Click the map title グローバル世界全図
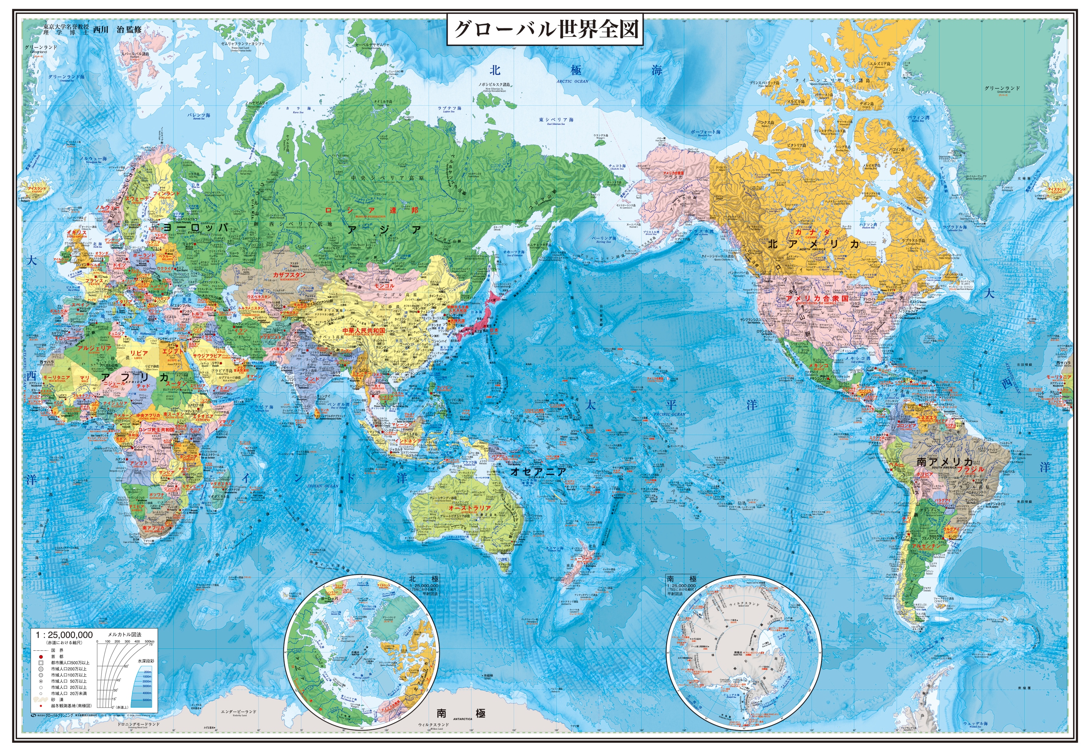click(545, 29)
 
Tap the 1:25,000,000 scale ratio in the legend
click(64, 635)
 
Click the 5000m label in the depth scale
click(147, 700)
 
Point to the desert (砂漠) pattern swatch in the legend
click(41, 699)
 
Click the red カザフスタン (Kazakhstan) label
click(289, 275)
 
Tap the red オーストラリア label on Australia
click(469, 507)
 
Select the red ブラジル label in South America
click(971, 469)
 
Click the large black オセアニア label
click(538, 471)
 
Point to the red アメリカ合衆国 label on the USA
click(817, 299)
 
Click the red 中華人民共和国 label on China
click(364, 330)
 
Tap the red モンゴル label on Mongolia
click(384, 286)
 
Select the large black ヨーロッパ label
click(195, 227)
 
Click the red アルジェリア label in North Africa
click(95, 348)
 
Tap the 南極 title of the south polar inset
click(682, 579)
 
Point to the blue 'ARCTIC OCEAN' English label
click(572, 81)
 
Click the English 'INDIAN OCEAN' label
click(323, 486)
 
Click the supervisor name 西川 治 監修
click(117, 29)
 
